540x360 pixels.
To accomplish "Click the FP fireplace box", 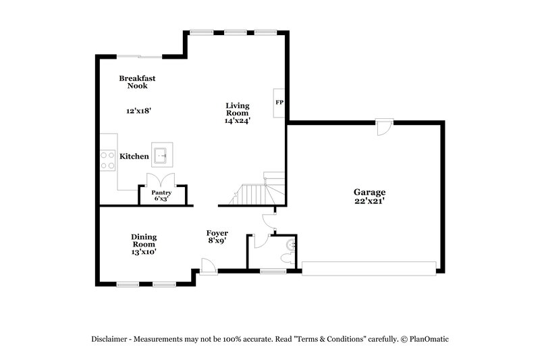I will point(279,103).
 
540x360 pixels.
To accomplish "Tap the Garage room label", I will point(369,192).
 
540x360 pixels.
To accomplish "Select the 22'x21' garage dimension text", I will point(369,201).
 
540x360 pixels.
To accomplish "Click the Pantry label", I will point(161,192).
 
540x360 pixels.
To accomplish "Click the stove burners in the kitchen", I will point(107,159).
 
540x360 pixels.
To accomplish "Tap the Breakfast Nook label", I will point(138,82).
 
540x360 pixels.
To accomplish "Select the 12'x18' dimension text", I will point(138,111).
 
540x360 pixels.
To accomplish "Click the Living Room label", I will point(237,109).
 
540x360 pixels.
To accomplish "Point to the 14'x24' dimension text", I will point(238,122).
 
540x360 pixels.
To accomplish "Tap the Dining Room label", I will point(144,240).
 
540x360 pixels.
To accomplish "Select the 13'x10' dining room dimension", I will point(144,252).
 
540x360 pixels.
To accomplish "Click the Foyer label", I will point(217,233).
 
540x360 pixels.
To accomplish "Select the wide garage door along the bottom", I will point(369,269).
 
